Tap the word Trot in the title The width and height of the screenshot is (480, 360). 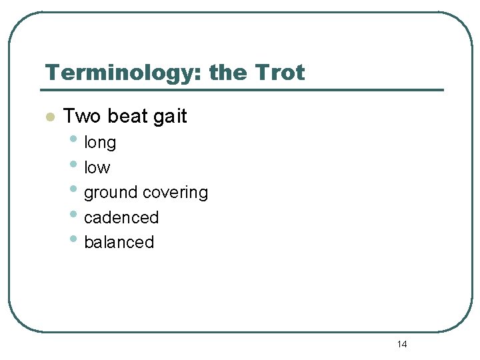(x=279, y=72)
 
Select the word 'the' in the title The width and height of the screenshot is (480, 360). (x=227, y=72)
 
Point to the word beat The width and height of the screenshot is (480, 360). (x=127, y=116)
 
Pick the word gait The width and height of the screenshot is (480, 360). (x=170, y=116)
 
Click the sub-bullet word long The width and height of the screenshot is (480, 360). (x=100, y=143)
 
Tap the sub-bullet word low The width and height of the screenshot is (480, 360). (x=97, y=167)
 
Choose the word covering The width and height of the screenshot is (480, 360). (x=175, y=193)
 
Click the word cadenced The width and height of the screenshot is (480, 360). (x=121, y=217)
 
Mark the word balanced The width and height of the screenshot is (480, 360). (x=119, y=242)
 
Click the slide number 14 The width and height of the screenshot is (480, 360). (x=401, y=344)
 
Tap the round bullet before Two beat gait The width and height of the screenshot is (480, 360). (x=49, y=117)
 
